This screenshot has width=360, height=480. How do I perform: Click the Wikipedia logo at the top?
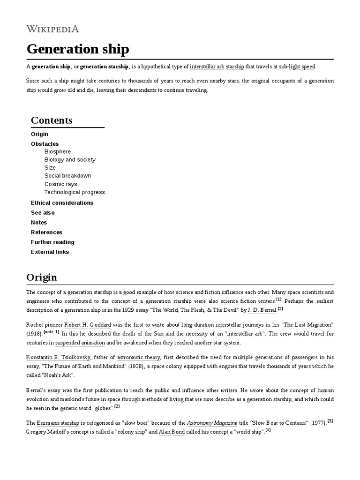click(52, 29)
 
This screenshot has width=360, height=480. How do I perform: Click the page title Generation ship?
click(77, 49)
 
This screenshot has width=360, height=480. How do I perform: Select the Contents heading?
click(52, 120)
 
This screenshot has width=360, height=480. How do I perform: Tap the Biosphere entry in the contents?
click(58, 151)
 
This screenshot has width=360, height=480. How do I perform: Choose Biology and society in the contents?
click(70, 159)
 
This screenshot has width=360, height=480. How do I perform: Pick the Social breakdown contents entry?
click(67, 176)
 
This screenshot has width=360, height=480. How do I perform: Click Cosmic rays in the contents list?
click(60, 184)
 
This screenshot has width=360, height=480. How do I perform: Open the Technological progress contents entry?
click(75, 192)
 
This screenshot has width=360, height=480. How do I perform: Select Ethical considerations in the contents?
click(62, 203)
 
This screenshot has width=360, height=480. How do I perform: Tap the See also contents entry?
click(43, 213)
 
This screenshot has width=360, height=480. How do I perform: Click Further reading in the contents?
click(52, 242)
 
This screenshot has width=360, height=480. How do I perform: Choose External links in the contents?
click(50, 252)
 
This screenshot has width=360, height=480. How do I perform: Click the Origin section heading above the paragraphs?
click(42, 277)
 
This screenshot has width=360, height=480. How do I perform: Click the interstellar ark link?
click(207, 67)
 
